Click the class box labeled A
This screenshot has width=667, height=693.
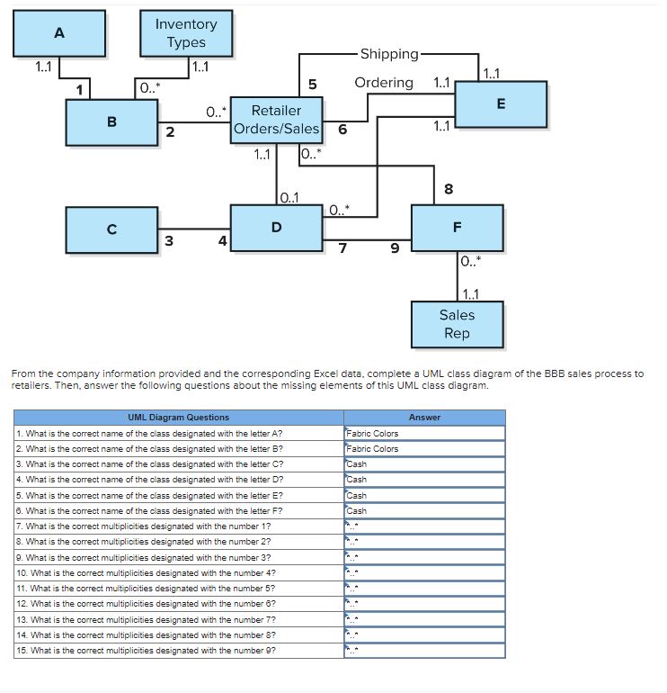click(x=59, y=34)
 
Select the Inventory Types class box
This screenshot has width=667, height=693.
click(x=186, y=33)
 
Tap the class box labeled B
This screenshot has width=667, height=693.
click(x=111, y=121)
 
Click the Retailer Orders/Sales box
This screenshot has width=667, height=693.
click(x=276, y=120)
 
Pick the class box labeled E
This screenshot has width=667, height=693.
click(x=501, y=104)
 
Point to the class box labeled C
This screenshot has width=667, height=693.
click(x=111, y=229)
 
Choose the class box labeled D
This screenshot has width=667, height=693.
click(x=276, y=227)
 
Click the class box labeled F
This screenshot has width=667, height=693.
click(x=457, y=227)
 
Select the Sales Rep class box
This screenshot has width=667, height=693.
click(x=457, y=324)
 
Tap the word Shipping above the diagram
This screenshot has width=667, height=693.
click(x=388, y=54)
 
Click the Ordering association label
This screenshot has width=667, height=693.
click(x=384, y=83)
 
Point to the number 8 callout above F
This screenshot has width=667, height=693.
click(x=449, y=189)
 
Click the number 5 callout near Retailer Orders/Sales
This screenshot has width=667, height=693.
click(x=312, y=85)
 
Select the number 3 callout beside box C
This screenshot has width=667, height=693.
click(x=168, y=239)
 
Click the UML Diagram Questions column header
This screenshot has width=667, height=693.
click(x=179, y=418)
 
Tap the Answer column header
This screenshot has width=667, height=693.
click(x=424, y=418)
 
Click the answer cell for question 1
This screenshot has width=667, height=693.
click(x=424, y=433)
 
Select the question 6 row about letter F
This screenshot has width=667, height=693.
click(x=179, y=510)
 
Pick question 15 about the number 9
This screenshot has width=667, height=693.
click(x=179, y=650)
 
